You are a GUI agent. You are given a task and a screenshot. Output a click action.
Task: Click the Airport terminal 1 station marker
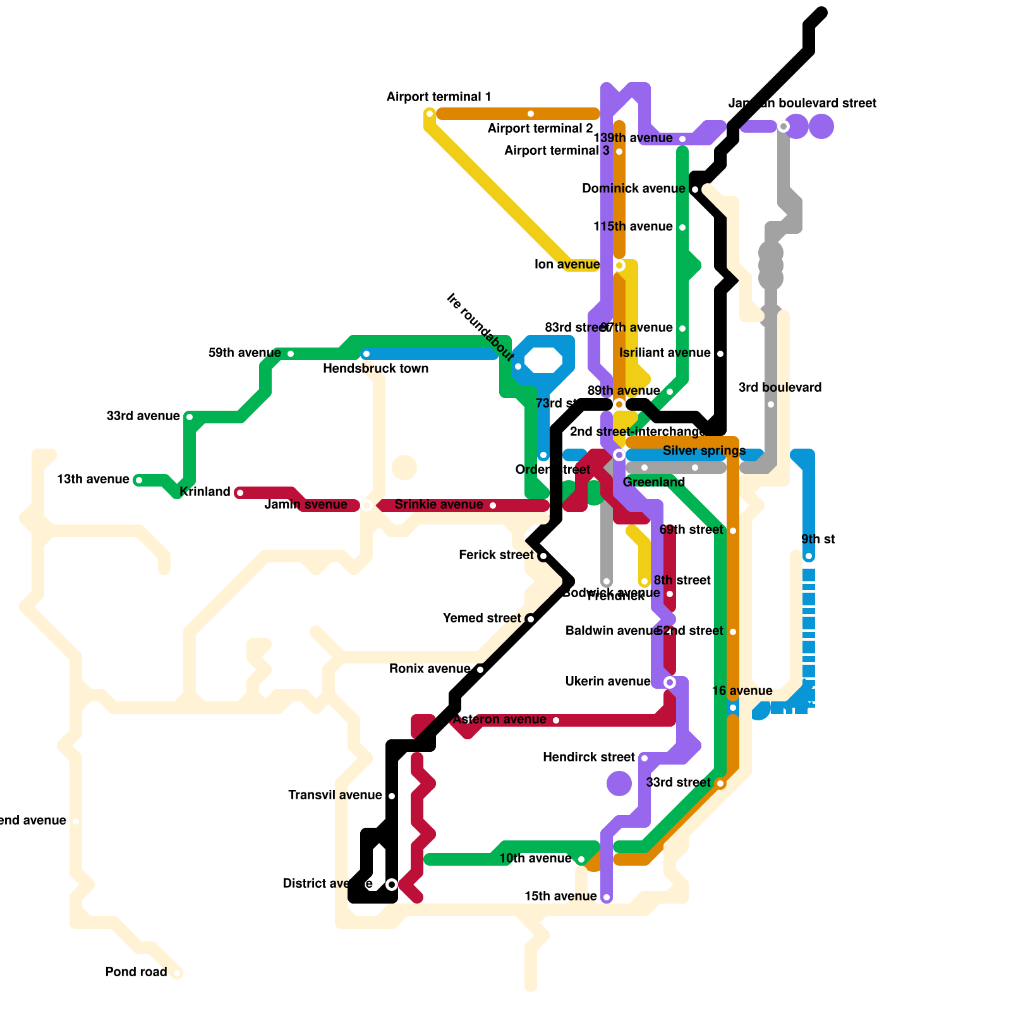tap(430, 114)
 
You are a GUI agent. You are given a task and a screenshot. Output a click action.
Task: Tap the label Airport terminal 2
tap(540, 129)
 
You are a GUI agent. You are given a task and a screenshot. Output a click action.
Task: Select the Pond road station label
tap(136, 972)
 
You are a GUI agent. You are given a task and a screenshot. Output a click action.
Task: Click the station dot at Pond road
tap(177, 973)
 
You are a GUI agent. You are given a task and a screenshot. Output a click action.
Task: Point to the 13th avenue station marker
tap(139, 480)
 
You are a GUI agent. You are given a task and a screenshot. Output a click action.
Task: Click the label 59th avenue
tap(245, 353)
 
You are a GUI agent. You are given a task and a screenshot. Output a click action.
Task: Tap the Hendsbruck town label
tap(375, 368)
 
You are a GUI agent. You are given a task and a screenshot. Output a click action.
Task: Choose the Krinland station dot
tap(240, 493)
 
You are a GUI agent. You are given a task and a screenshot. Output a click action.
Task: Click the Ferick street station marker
tap(543, 556)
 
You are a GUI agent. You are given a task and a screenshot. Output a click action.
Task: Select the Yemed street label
tap(481, 618)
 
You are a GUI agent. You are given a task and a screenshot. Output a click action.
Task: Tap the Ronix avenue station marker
tap(480, 670)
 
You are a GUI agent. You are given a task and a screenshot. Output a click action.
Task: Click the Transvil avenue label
tap(335, 795)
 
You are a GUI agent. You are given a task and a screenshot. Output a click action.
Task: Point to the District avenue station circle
tap(392, 885)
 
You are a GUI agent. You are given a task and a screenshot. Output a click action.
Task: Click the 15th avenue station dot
tap(607, 897)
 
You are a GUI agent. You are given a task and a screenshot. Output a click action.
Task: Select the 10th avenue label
tap(535, 858)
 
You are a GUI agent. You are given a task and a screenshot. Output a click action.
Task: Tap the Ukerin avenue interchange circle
tap(670, 682)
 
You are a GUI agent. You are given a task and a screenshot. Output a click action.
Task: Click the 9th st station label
tap(818, 539)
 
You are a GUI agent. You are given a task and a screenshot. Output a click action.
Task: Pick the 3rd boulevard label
tap(780, 387)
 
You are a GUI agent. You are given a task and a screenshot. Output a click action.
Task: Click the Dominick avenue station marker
tap(695, 190)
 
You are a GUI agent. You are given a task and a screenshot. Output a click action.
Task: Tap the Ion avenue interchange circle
tap(619, 265)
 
